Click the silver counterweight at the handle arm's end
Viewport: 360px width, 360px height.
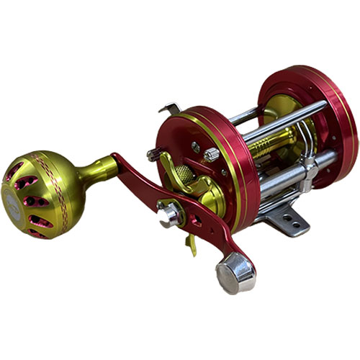pyautogui.click(x=235, y=272)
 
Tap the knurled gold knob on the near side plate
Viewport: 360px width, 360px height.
pyautogui.click(x=186, y=175)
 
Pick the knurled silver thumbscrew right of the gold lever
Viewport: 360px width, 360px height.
pyautogui.click(x=210, y=154)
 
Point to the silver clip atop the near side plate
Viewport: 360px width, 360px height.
pyautogui.click(x=170, y=109)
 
